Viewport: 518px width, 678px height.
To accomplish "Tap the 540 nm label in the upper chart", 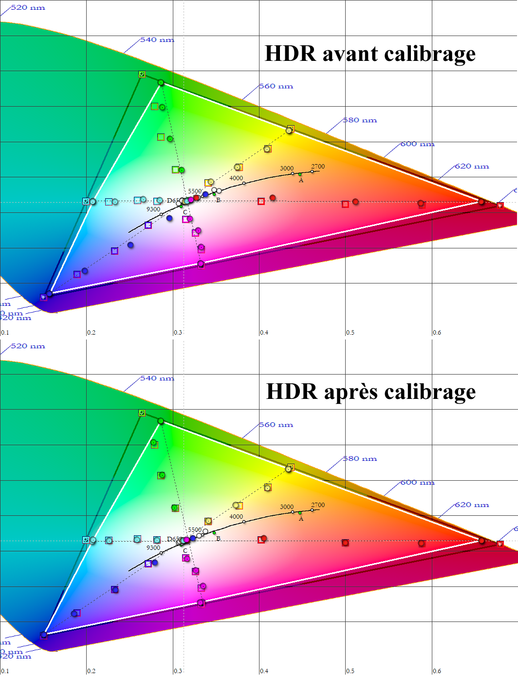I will [157, 40].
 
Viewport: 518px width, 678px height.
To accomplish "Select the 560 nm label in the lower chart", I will [276, 425].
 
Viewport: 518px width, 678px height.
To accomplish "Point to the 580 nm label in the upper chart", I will [360, 120].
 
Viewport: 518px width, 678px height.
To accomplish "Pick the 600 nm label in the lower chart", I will [417, 483].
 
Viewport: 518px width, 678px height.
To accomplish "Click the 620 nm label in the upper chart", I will [472, 167].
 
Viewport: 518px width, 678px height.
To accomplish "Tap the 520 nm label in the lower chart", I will [28, 346].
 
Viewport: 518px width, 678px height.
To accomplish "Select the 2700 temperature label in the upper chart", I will [318, 167].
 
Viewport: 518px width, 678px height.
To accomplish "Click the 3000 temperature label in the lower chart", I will [287, 507].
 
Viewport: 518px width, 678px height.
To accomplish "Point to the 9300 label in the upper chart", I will [153, 209].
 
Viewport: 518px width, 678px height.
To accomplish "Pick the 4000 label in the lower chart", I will [236, 517].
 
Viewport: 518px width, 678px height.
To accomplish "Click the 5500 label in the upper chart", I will [195, 191].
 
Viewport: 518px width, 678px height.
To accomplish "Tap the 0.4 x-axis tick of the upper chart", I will [264, 333].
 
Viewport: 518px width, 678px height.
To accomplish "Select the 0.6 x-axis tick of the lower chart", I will [437, 671].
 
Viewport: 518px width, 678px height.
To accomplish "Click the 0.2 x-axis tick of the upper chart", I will [92, 333].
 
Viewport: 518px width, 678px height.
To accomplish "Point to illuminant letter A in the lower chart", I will [301, 519].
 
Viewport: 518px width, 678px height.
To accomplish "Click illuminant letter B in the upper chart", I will [218, 200].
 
